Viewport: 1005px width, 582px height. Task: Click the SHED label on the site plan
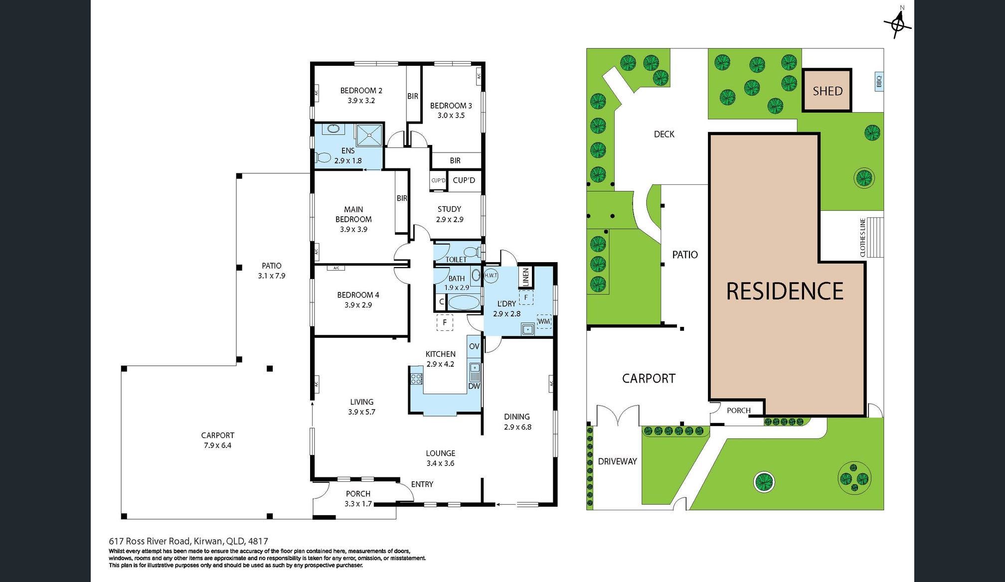click(x=828, y=91)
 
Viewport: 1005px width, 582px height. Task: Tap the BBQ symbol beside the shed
click(x=879, y=81)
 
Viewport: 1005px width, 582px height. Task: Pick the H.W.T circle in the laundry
click(x=491, y=275)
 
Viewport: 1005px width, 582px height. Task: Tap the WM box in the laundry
click(x=544, y=321)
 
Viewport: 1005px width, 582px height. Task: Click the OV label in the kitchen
click(x=474, y=346)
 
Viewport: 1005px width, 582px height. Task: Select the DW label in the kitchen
click(x=474, y=386)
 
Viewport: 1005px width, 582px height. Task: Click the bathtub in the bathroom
click(x=464, y=302)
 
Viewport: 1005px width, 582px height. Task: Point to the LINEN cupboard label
click(x=525, y=278)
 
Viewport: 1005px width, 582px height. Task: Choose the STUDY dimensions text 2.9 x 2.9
click(x=450, y=219)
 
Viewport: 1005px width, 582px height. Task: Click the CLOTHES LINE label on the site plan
click(x=863, y=238)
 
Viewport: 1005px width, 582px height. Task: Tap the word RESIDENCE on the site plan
click(x=785, y=291)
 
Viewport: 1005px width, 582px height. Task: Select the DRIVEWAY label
click(x=617, y=461)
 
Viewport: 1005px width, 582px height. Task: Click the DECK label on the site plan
click(x=664, y=134)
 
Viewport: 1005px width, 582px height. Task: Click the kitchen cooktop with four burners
click(x=416, y=378)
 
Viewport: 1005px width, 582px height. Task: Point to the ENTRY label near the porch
click(x=422, y=484)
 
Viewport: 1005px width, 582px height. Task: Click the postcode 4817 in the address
click(x=258, y=541)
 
